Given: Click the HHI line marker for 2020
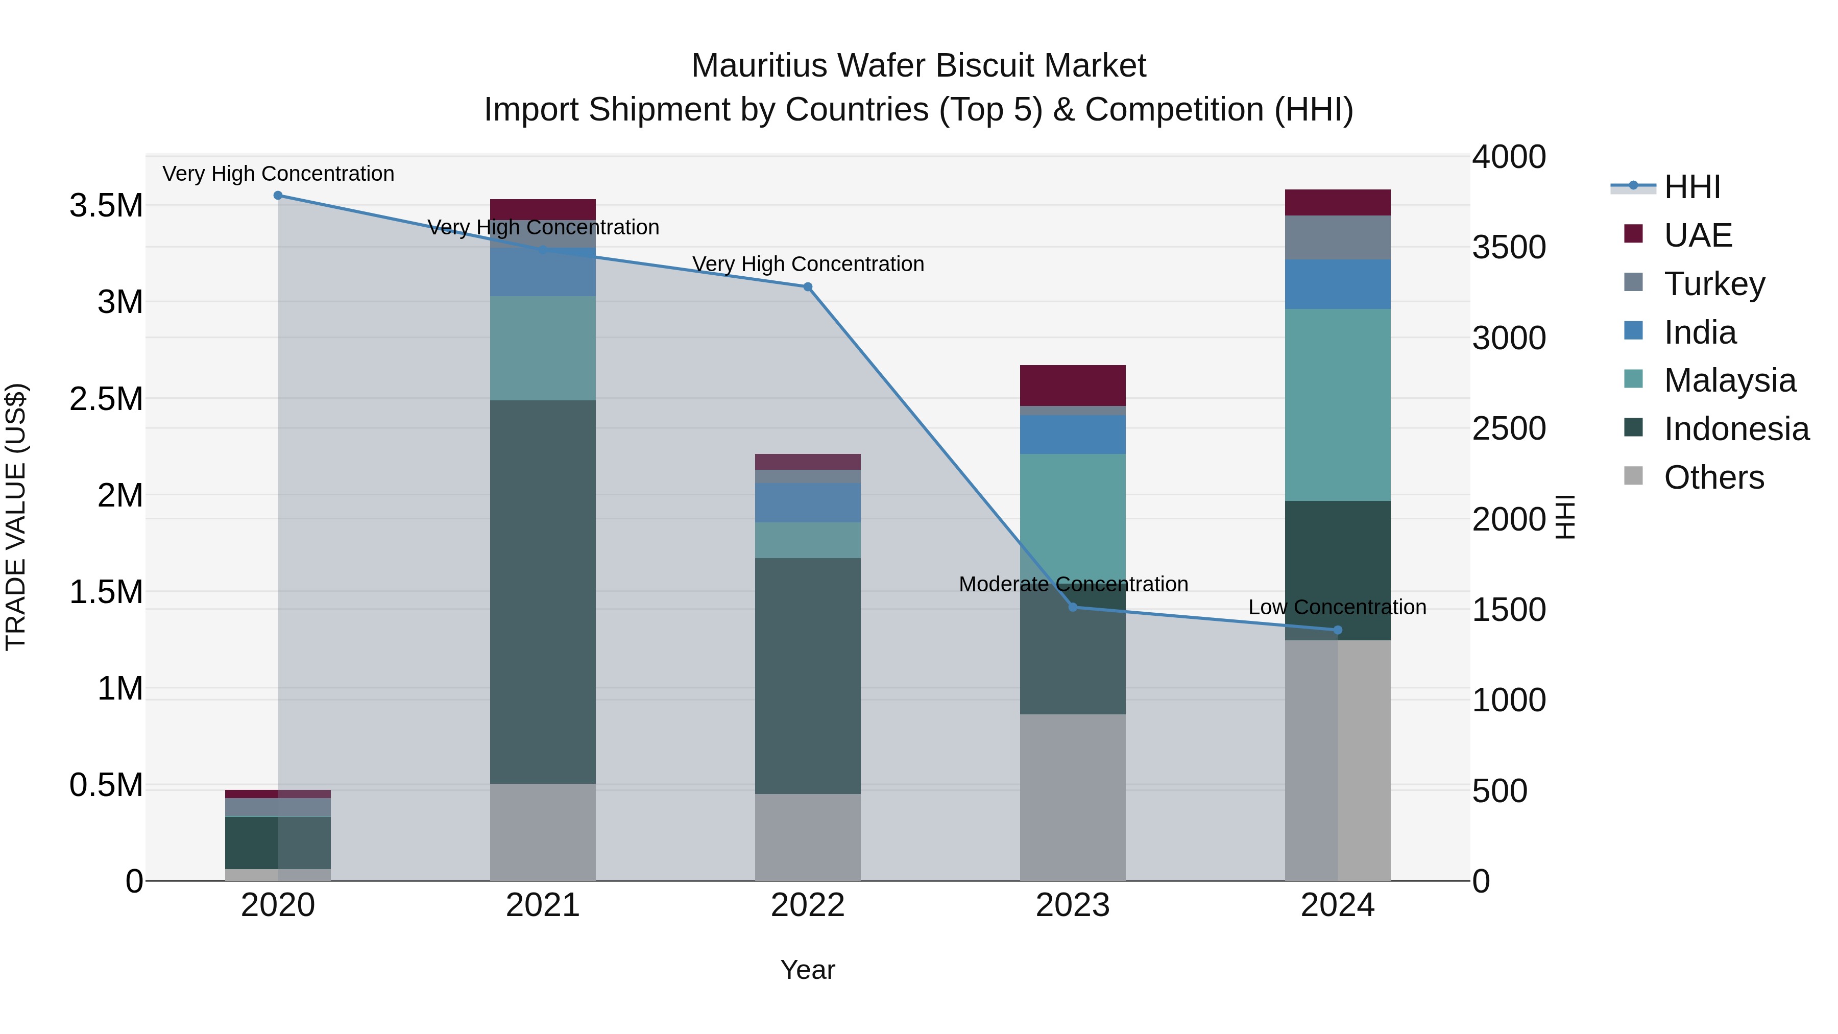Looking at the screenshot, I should click(x=278, y=196).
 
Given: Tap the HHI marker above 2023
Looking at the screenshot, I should click(x=1072, y=607).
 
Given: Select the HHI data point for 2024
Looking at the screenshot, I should click(x=1338, y=630).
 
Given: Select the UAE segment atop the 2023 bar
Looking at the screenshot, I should click(x=1072, y=386).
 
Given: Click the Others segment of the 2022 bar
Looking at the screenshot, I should click(x=808, y=837).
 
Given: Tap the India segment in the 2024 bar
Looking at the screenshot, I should click(x=1338, y=284).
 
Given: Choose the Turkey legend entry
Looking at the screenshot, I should click(x=1714, y=284).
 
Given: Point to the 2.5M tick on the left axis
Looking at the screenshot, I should click(x=106, y=399).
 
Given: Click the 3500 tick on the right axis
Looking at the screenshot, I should click(x=1508, y=248).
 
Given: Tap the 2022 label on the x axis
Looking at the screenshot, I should click(x=808, y=905).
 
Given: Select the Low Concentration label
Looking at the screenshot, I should click(x=1337, y=607).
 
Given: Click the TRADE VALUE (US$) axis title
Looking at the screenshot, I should click(x=16, y=517).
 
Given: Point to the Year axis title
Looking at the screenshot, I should click(x=808, y=970).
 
